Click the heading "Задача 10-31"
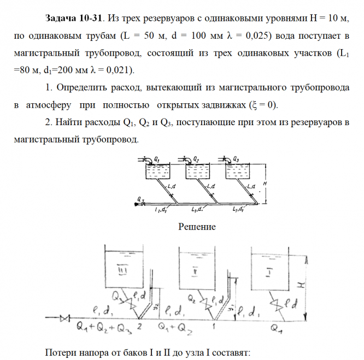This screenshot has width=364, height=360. point(73,19)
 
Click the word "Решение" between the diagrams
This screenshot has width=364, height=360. point(197,227)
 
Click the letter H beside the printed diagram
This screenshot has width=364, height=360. point(265,184)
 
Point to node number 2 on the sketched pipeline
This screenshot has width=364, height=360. point(140,326)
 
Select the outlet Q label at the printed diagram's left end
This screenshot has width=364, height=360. point(140,199)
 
